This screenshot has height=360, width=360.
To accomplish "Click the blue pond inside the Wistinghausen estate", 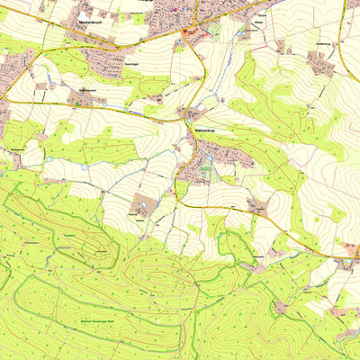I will point(148,204).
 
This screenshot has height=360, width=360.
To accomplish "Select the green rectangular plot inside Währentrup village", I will point(208,160).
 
